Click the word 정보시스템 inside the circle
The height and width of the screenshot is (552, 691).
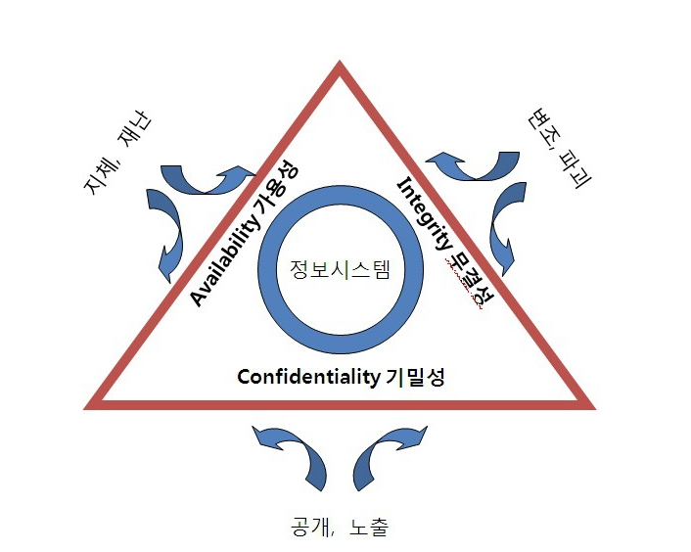coord(340,269)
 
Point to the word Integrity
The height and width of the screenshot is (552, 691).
coord(424,213)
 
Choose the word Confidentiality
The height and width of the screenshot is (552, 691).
coord(306,377)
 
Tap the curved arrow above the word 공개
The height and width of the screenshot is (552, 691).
coord(293,455)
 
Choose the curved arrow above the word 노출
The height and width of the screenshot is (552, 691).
coord(386,455)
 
